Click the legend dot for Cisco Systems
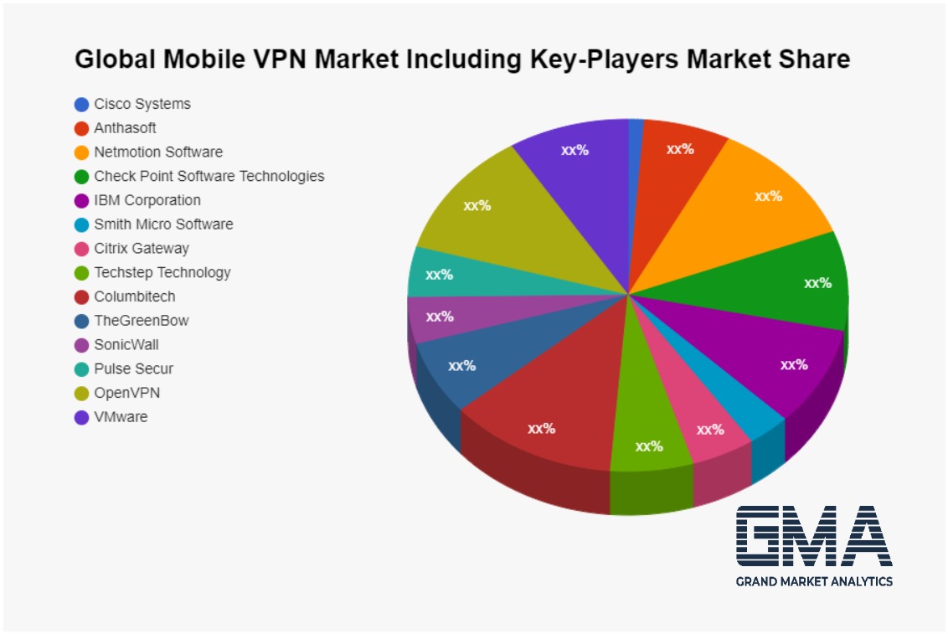tap(81, 105)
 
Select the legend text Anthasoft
tap(125, 128)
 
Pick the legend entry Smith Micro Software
tap(163, 224)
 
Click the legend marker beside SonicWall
tap(81, 345)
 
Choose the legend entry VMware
tap(121, 417)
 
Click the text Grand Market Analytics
tap(814, 581)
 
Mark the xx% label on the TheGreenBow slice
tap(461, 366)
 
